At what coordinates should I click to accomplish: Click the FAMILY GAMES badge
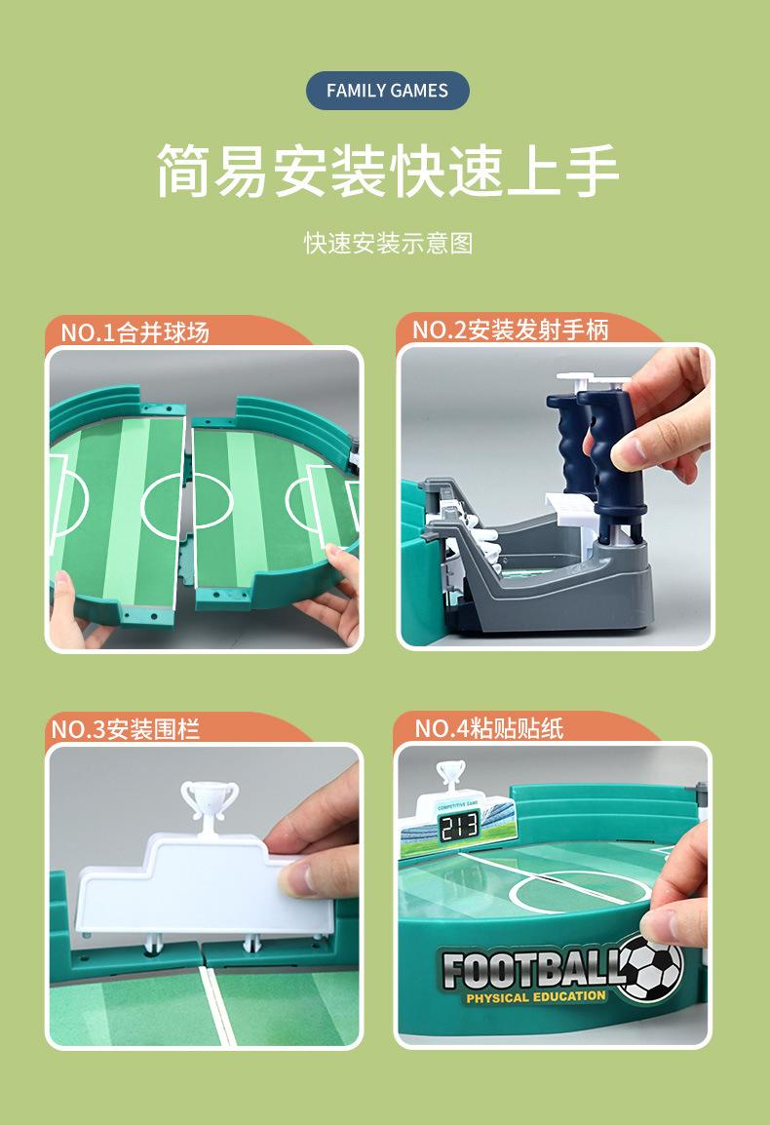387,91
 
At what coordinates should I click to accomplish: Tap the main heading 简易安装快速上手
387,172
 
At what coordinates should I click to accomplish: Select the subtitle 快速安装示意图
387,243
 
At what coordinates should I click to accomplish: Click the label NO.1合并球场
135,331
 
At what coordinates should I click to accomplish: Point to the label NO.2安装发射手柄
510,330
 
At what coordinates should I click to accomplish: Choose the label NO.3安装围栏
125,728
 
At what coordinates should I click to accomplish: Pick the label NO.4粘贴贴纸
489,728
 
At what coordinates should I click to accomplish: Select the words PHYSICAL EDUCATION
535,996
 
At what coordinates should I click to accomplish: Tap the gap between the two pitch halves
187,507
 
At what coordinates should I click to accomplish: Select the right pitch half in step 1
263,507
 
